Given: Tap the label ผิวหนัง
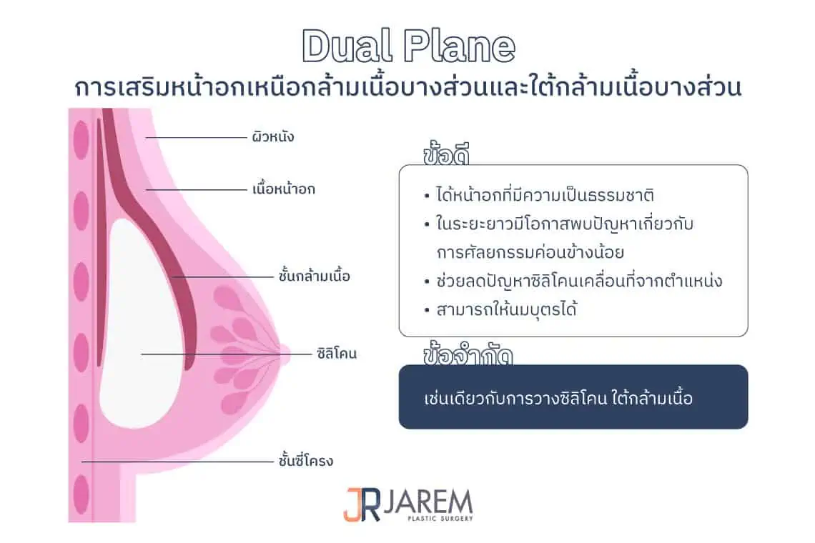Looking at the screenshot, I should point(272,136).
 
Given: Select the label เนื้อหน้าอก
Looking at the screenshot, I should point(283,189).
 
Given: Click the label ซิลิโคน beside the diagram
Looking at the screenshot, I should point(336,353).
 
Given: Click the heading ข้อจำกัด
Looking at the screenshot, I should point(468,355).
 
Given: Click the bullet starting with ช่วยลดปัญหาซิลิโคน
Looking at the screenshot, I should point(578,281).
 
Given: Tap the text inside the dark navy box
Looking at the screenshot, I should point(558,398).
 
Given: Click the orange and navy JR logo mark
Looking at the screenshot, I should point(357,504).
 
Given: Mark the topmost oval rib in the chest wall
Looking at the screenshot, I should point(81,139).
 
